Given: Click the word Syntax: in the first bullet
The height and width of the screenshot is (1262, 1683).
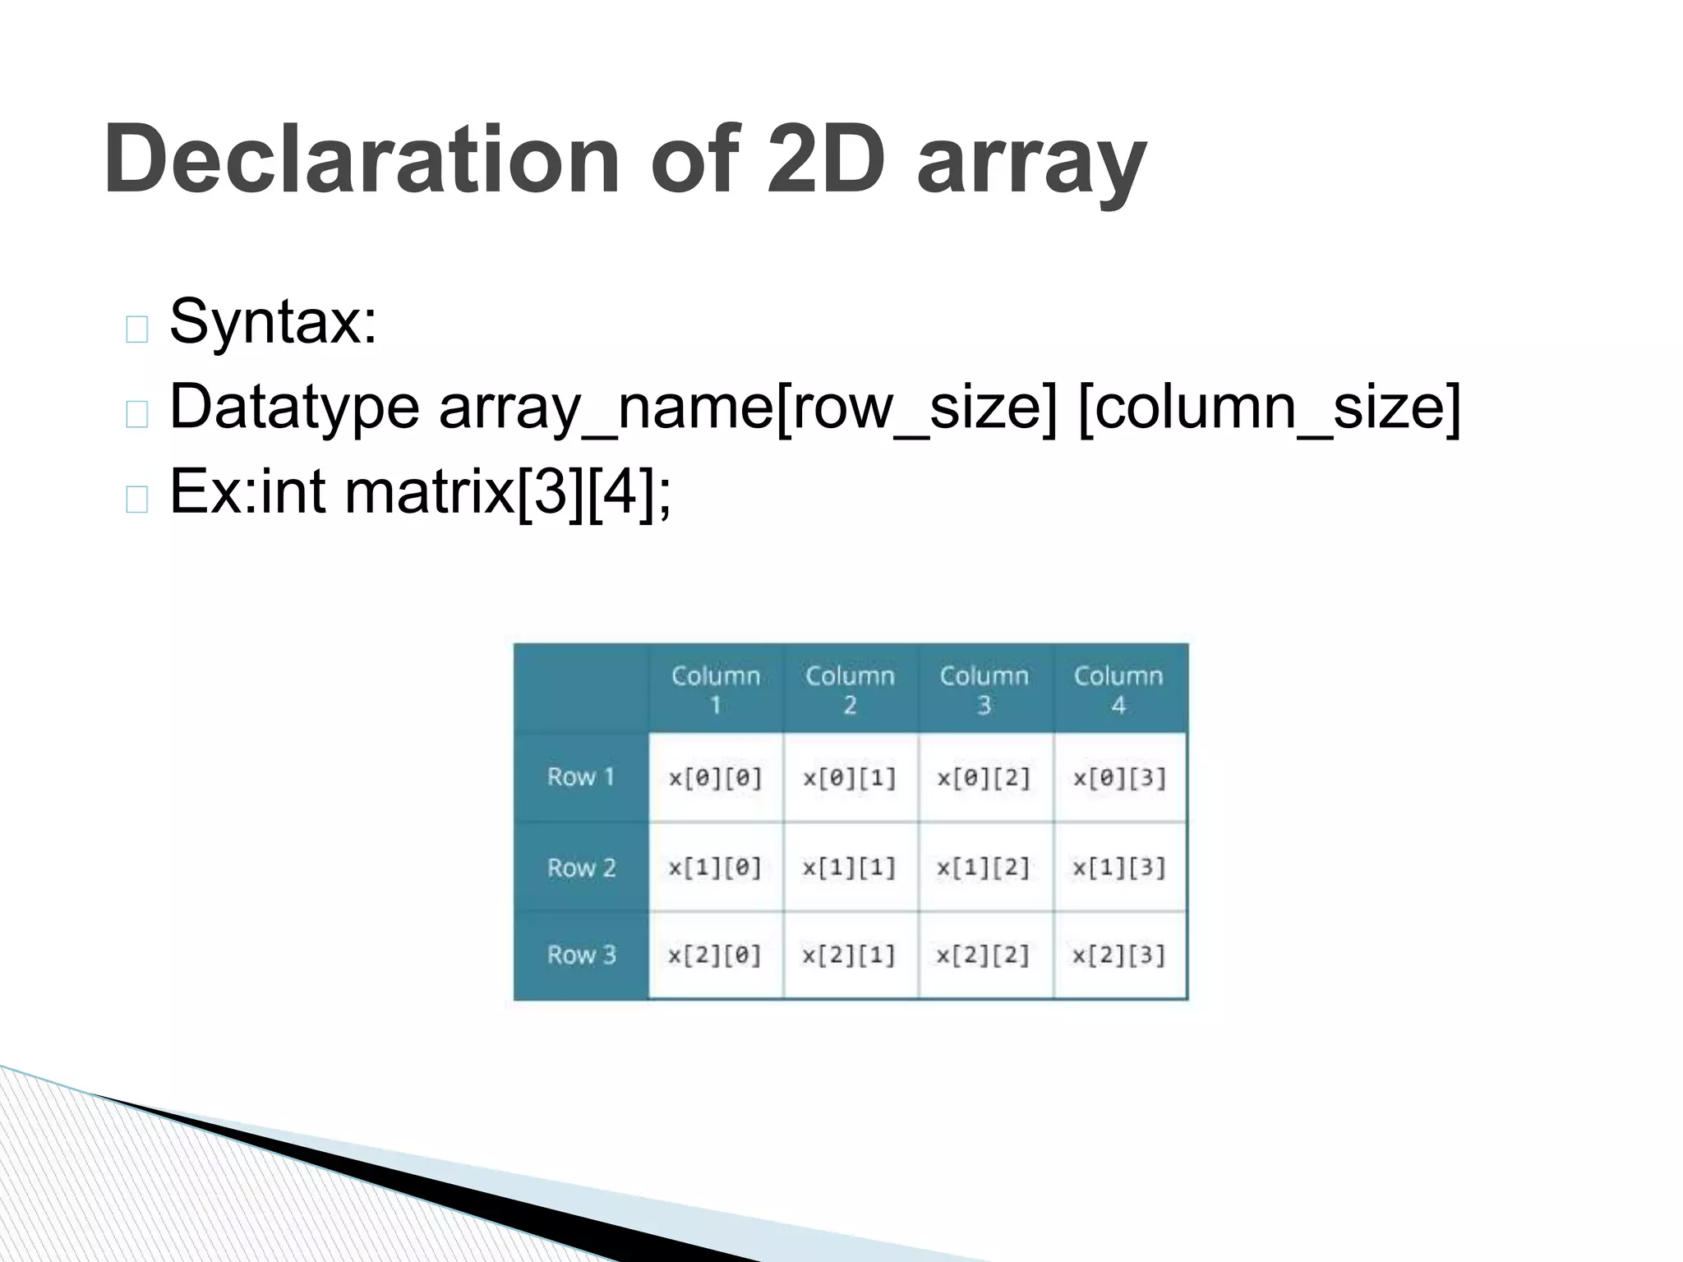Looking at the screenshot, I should [273, 321].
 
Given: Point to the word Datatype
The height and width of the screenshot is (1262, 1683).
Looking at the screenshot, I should [294, 407].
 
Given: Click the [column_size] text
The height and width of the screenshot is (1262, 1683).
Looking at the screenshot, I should [1269, 407].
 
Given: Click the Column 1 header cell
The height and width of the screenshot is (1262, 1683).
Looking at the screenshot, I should [716, 689].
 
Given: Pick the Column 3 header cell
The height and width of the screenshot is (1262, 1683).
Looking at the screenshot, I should [984, 689].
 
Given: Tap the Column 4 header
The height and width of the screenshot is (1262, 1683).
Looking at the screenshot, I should [1119, 689].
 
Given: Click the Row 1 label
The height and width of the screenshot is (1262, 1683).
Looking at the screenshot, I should [581, 777].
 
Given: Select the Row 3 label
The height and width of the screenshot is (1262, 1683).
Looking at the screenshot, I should [581, 955].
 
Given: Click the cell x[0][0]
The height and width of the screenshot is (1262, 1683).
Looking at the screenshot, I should [716, 778].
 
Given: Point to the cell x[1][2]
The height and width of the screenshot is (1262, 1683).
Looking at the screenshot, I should [984, 868].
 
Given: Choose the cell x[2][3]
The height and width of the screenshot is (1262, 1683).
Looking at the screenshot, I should [1119, 956].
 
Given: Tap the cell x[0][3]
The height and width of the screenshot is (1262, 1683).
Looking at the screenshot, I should [1119, 778].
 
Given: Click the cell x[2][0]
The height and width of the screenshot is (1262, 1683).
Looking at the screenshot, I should [716, 956].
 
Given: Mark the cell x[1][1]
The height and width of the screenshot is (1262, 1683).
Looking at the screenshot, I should [850, 868].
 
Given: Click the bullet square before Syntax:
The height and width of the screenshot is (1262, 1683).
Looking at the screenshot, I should [137, 329].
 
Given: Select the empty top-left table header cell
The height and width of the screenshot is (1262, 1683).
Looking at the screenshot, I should [581, 689].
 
